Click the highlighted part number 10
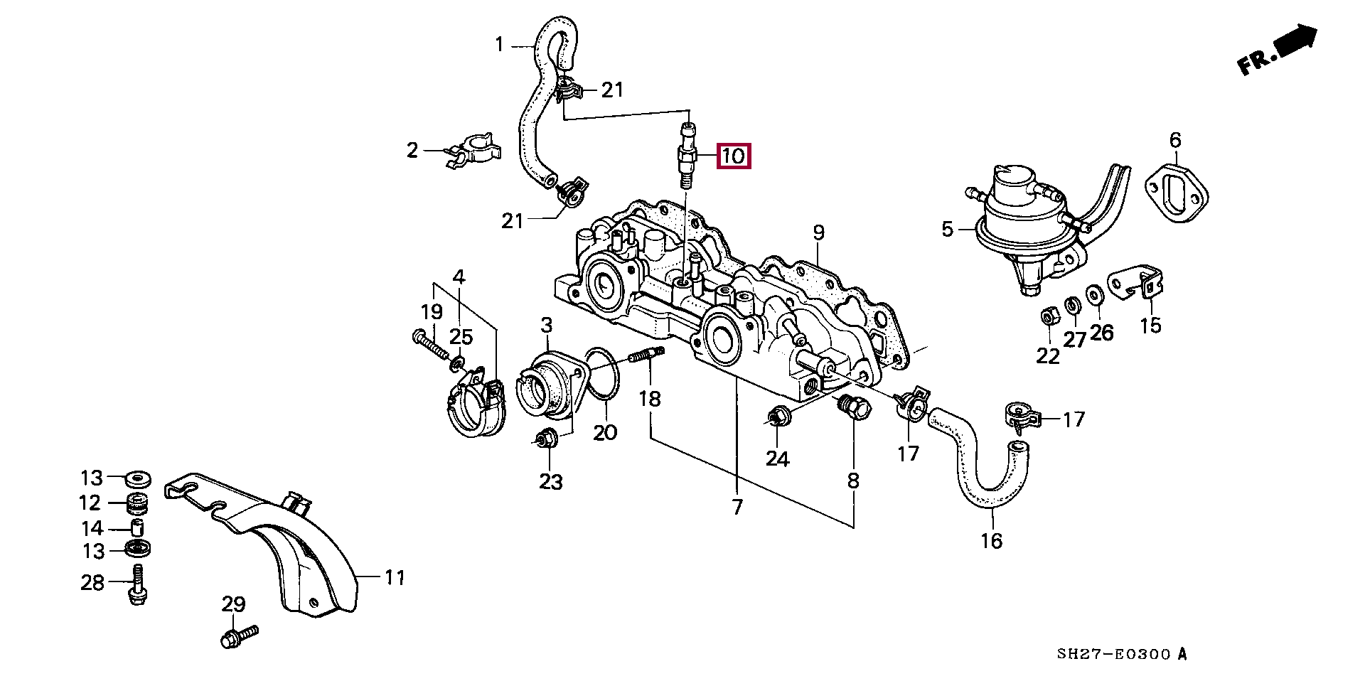(734, 156)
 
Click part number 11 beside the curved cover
(395, 578)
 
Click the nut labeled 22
(1047, 316)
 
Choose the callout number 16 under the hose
(991, 541)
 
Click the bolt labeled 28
(138, 585)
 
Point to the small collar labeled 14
(137, 528)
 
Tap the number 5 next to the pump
(947, 230)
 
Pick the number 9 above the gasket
(818, 232)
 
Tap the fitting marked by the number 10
(687, 155)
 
